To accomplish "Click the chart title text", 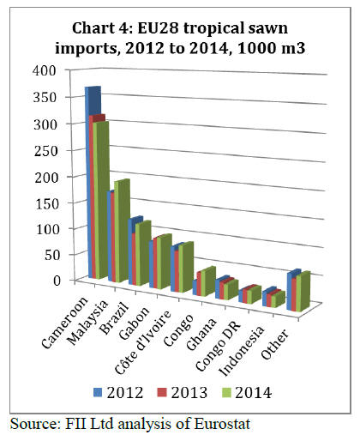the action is pyautogui.click(x=180, y=39).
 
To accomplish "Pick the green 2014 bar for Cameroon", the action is pyautogui.click(x=101, y=200).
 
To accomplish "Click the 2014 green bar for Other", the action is pyautogui.click(x=303, y=291).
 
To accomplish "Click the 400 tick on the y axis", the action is pyautogui.click(x=45, y=70).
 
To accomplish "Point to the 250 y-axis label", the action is pyautogui.click(x=45, y=151).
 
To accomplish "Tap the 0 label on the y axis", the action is pyautogui.click(x=57, y=281).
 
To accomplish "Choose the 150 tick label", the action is pyautogui.click(x=47, y=203).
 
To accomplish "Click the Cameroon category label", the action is pyautogui.click(x=64, y=323).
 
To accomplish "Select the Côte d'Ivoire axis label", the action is pyautogui.click(x=143, y=341).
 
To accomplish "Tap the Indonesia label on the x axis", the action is pyautogui.click(x=241, y=351).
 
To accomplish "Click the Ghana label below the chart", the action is pyautogui.click(x=201, y=334).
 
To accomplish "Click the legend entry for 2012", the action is pyautogui.click(x=118, y=393).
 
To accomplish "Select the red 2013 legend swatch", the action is pyautogui.click(x=162, y=392).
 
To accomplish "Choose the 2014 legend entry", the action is pyautogui.click(x=247, y=393).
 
